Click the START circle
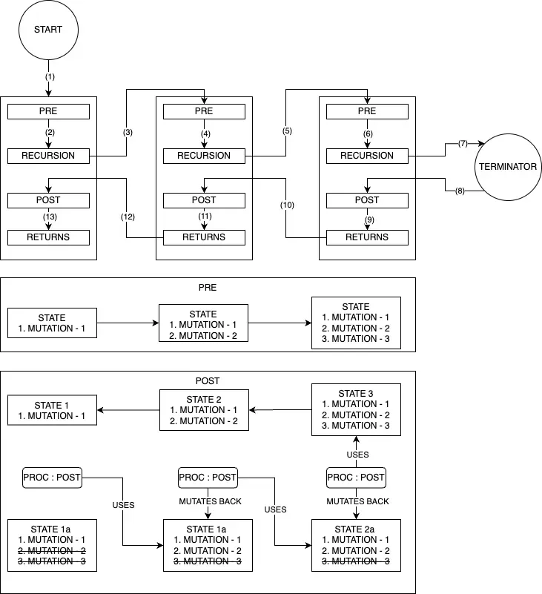(x=48, y=30)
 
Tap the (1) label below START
(x=49, y=76)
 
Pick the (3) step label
(x=128, y=132)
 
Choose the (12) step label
(x=128, y=217)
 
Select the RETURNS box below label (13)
(x=48, y=237)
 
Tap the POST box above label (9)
(x=367, y=200)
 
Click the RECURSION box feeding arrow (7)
(x=367, y=156)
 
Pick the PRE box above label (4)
(x=204, y=111)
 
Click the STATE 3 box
(x=356, y=409)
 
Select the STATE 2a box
(x=356, y=545)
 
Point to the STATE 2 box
(x=203, y=410)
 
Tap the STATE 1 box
(x=52, y=410)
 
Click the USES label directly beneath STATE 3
(x=357, y=454)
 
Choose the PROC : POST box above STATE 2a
(x=357, y=477)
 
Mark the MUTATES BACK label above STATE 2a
(x=357, y=501)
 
